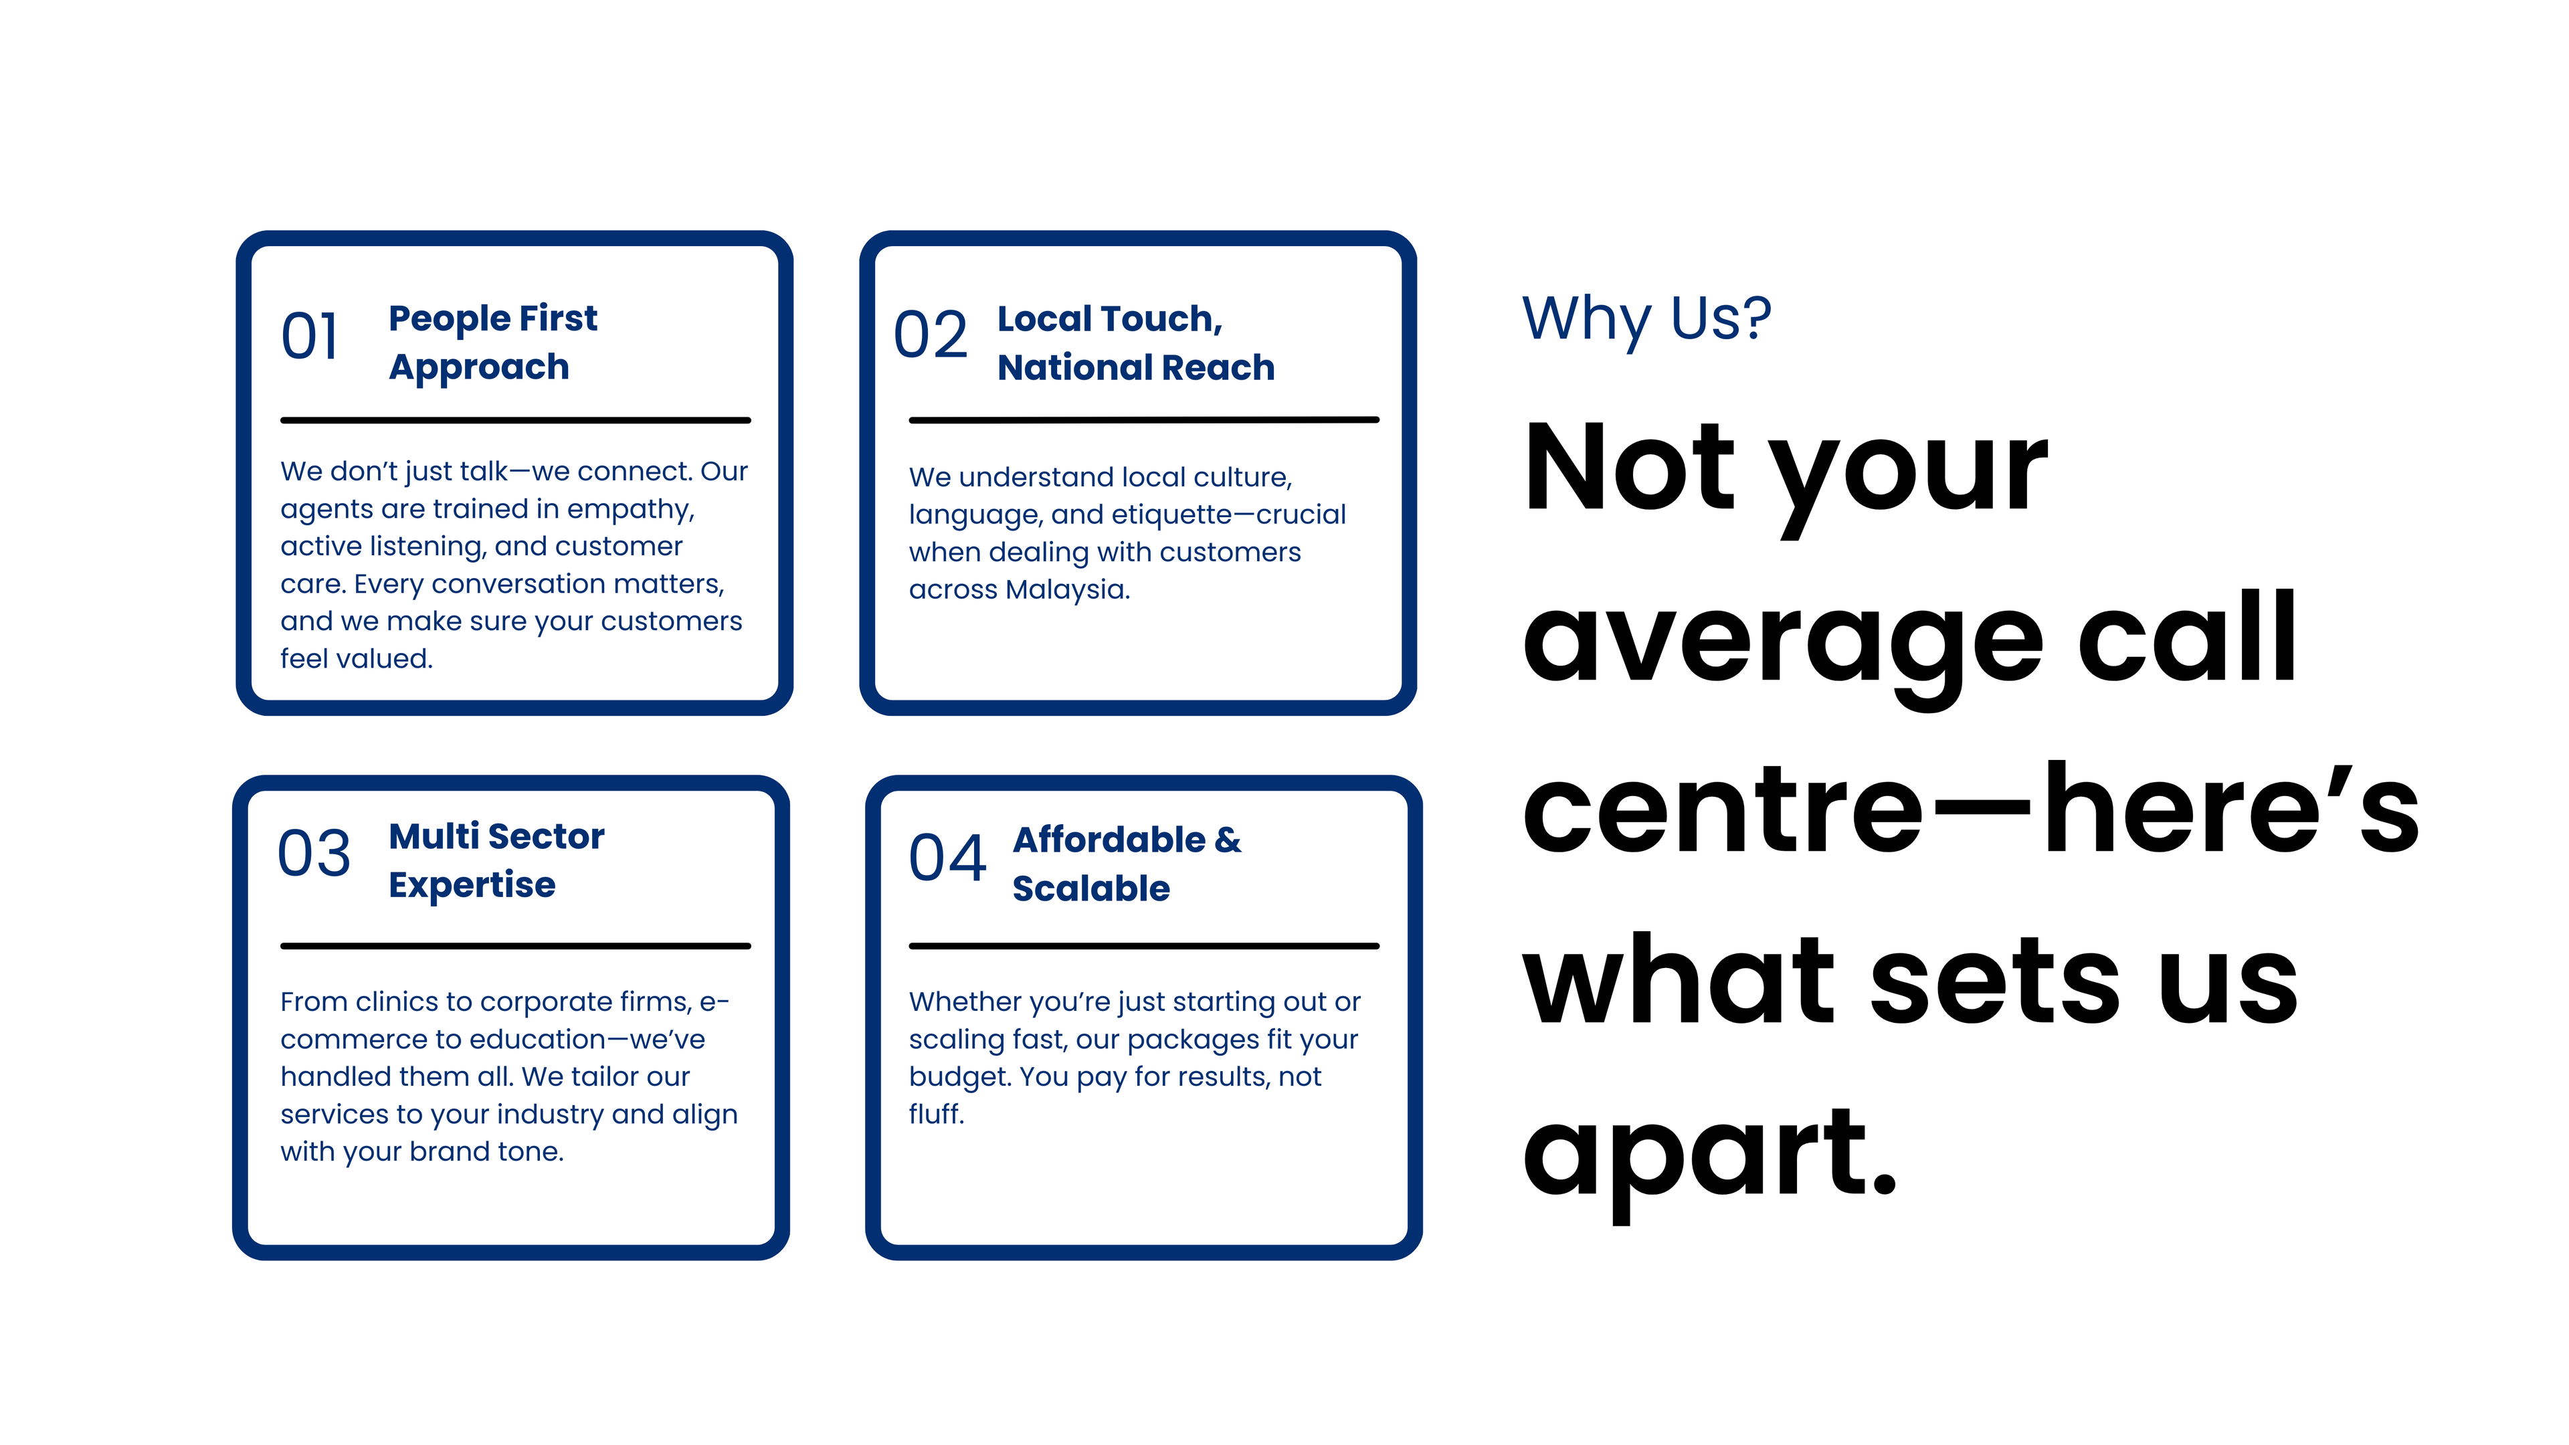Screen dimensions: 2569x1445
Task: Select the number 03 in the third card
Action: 314,854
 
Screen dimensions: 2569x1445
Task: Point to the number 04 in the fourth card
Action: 947,858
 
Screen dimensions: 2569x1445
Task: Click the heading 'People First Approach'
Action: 492,342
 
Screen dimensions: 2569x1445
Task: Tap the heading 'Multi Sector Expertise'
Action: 496,860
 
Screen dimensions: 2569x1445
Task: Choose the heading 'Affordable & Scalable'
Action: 1127,864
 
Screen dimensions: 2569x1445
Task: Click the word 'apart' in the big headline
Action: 1709,1157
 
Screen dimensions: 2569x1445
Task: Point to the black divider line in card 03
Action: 516,945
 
